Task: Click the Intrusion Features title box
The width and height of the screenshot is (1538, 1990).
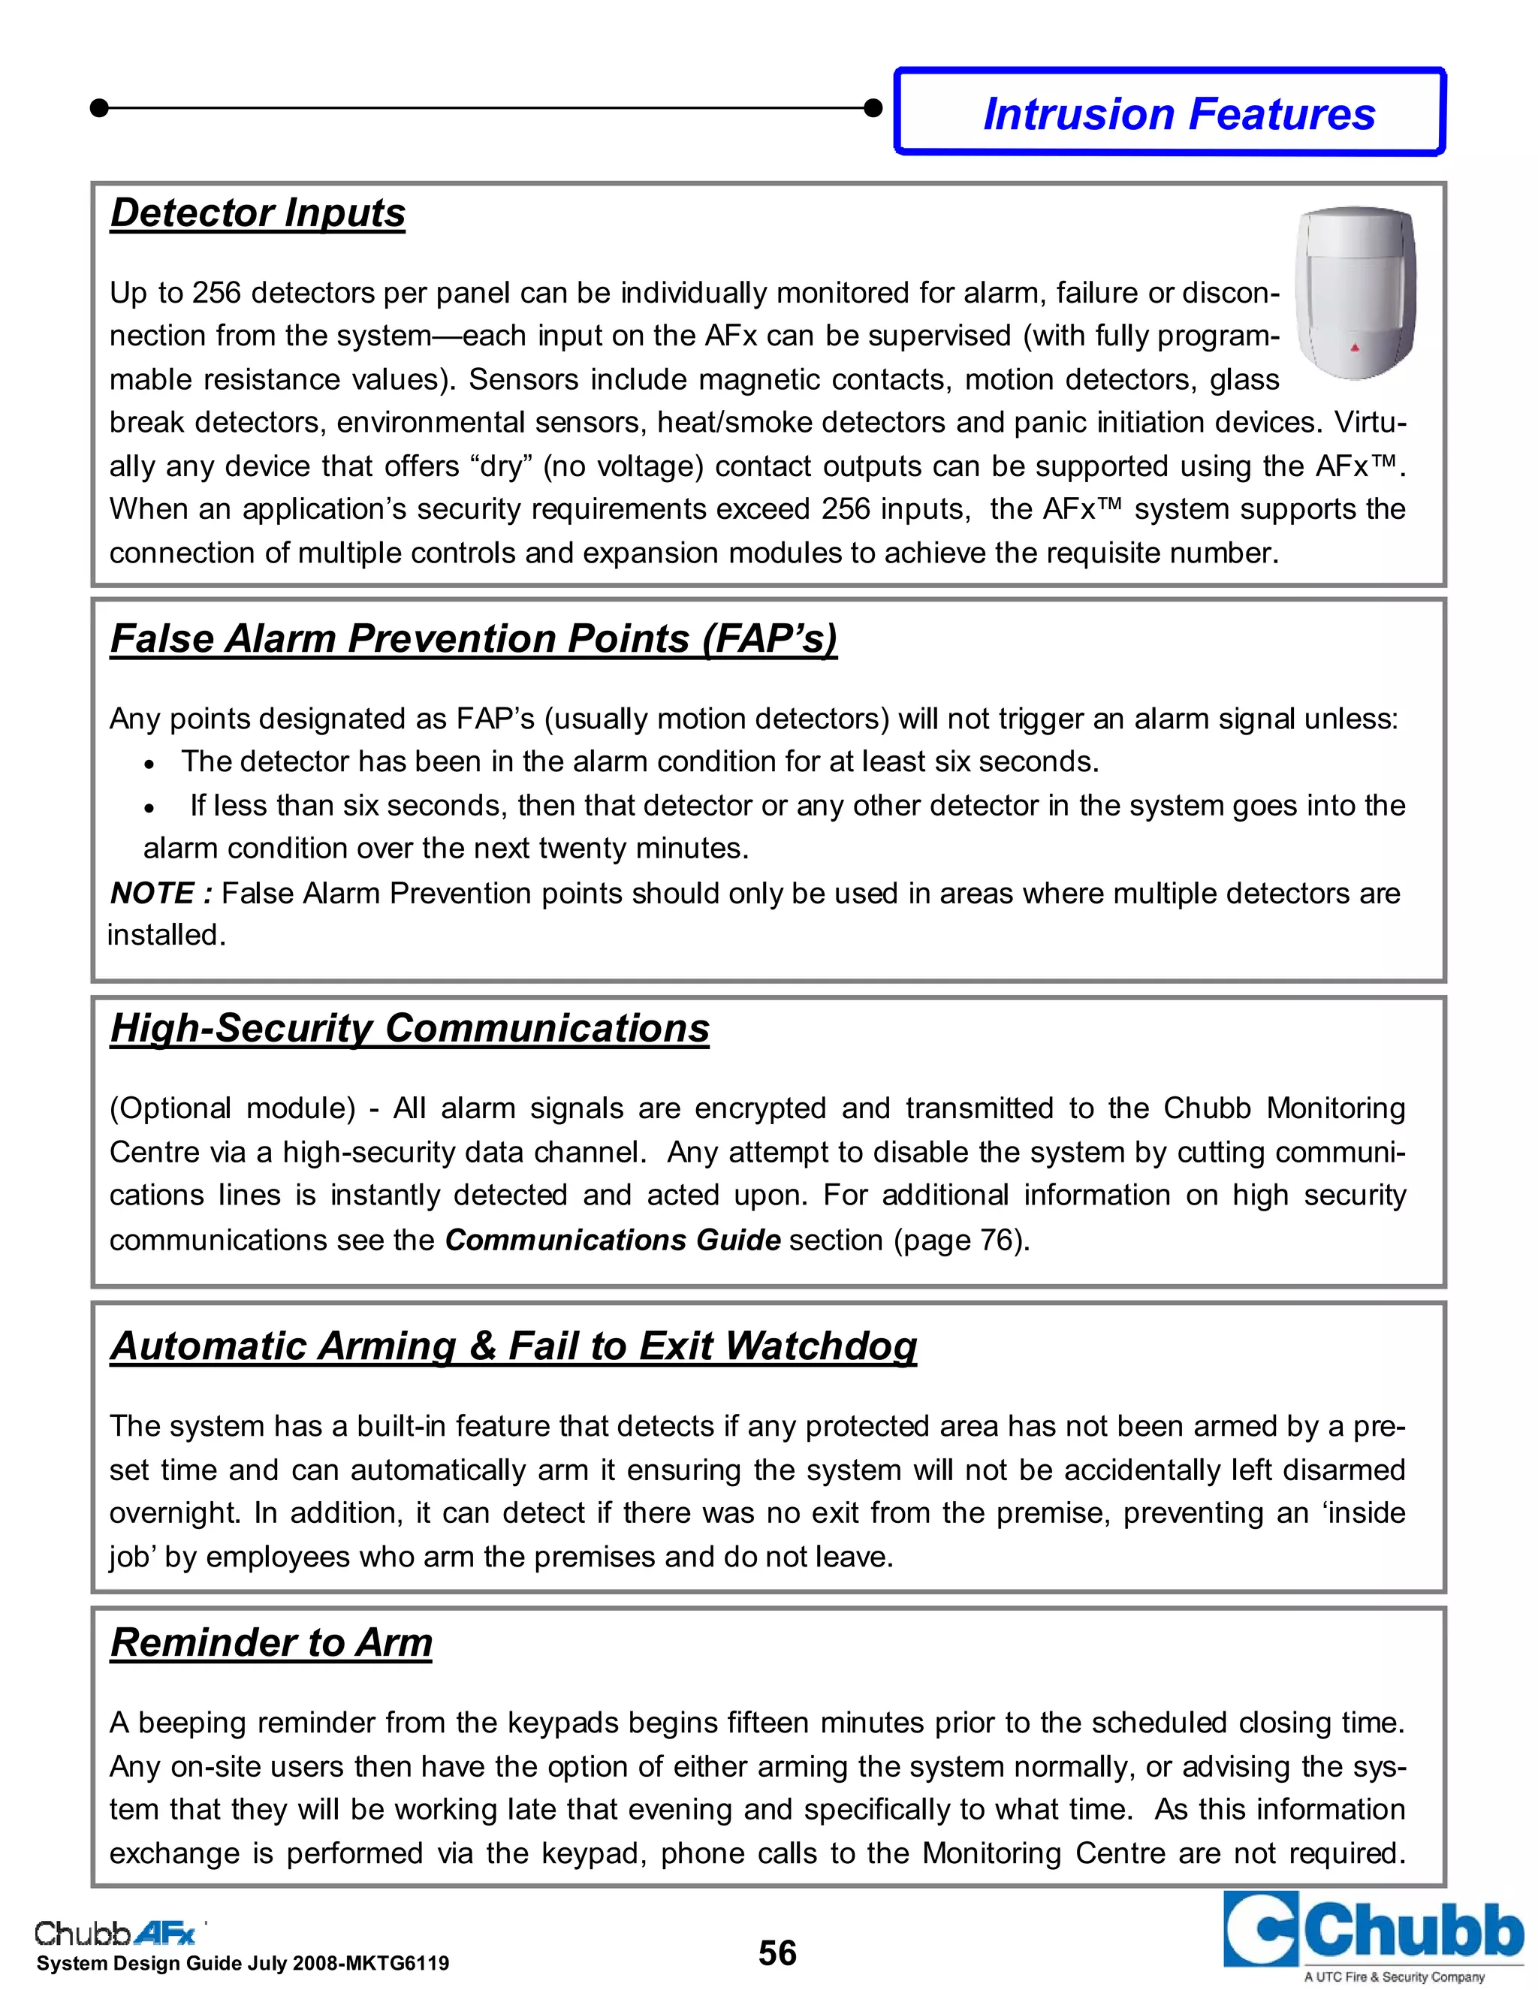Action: (1170, 112)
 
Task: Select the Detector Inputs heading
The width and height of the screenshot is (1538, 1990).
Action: (257, 213)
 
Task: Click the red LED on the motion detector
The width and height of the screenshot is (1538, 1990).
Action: (1354, 347)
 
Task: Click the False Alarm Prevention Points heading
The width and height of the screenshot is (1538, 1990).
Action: (473, 638)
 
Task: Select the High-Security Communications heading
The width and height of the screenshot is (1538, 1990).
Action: (409, 1028)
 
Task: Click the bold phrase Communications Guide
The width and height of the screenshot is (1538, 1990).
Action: (612, 1240)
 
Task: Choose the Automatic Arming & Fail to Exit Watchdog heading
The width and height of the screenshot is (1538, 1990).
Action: (513, 1346)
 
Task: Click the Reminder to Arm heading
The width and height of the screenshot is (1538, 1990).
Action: (270, 1643)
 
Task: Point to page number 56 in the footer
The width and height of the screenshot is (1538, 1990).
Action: (777, 1953)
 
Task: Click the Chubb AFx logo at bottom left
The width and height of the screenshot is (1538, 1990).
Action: (116, 1931)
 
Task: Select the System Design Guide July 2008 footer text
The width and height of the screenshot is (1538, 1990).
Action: (243, 1964)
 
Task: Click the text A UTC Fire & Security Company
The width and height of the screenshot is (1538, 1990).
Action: (1393, 1977)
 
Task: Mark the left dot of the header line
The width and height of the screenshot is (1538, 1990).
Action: (100, 108)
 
